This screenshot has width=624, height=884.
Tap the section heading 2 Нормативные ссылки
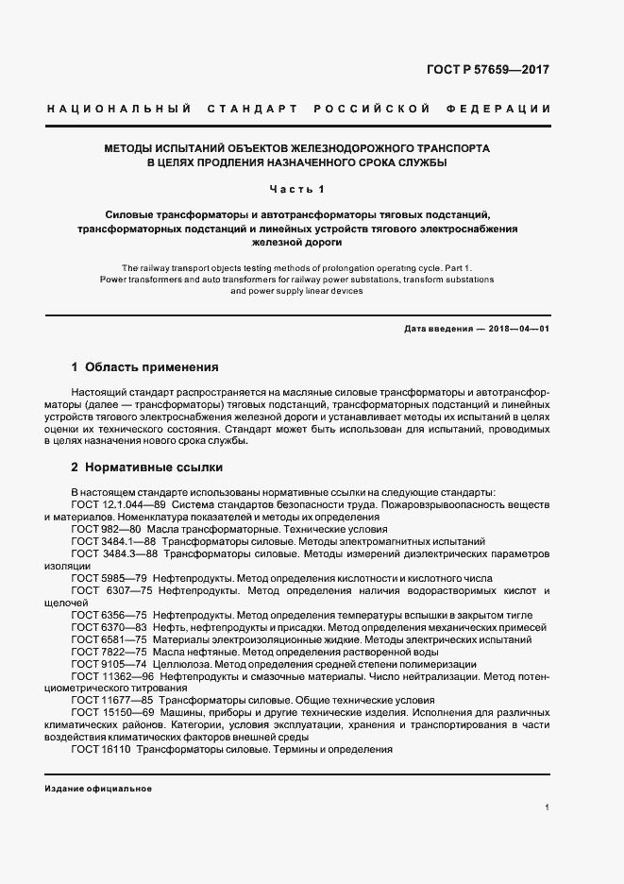tap(147, 467)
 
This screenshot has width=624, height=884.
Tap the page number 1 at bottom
tap(547, 807)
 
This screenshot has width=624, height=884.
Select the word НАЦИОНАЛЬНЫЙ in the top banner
tap(119, 110)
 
